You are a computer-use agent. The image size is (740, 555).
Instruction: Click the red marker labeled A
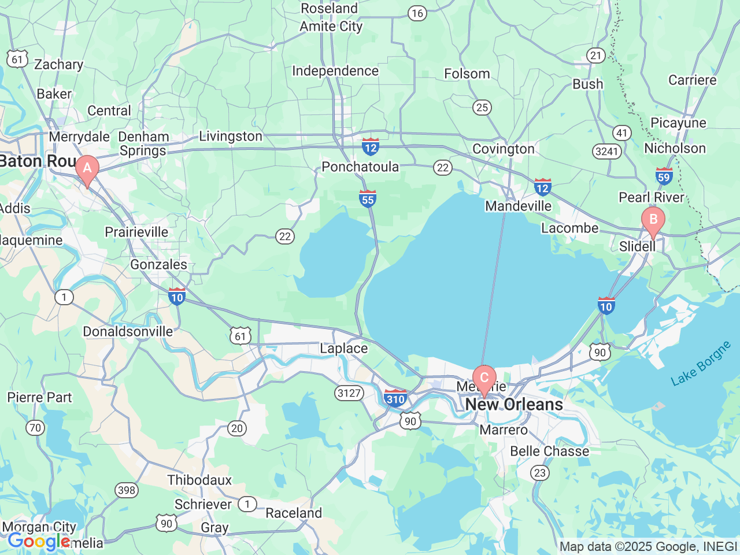click(x=87, y=169)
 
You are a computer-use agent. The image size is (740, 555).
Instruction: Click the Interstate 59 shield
click(x=664, y=176)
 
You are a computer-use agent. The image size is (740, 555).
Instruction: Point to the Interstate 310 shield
click(x=395, y=398)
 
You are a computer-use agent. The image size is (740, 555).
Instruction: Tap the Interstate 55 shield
click(x=368, y=199)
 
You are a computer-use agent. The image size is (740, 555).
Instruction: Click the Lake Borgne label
click(x=701, y=364)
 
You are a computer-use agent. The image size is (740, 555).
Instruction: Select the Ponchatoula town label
click(x=360, y=167)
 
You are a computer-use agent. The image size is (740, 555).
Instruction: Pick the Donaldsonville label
click(x=128, y=332)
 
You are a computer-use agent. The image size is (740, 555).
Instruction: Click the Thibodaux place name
click(x=199, y=480)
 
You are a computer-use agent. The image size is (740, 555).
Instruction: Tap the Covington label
click(x=504, y=149)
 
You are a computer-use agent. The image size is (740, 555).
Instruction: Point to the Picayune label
click(x=678, y=123)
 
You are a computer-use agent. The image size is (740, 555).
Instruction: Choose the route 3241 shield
click(x=606, y=151)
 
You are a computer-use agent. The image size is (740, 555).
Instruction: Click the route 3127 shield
click(x=349, y=393)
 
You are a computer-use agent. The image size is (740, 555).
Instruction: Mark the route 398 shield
click(x=127, y=490)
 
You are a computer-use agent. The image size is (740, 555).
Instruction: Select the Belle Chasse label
click(x=550, y=452)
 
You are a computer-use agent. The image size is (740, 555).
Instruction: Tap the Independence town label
click(x=335, y=71)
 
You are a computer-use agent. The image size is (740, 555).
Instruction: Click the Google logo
click(x=38, y=542)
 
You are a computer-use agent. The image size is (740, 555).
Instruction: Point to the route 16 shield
click(x=417, y=13)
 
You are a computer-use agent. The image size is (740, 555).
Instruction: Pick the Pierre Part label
click(x=39, y=398)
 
